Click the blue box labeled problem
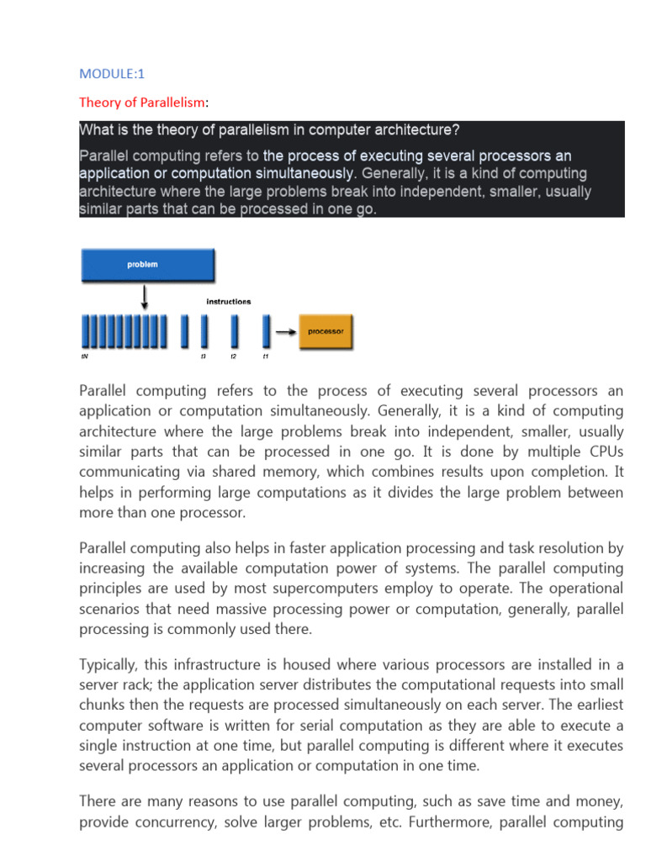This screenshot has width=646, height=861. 147,264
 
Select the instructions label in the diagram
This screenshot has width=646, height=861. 229,301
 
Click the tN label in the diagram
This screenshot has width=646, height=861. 84,357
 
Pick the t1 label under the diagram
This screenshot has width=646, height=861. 265,357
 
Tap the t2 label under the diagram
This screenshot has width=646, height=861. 234,357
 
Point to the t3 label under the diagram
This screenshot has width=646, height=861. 204,357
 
